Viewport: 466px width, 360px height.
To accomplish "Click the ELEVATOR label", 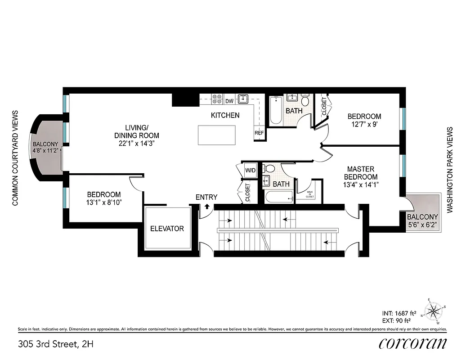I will pos(167,229).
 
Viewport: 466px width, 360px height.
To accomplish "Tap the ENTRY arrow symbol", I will pos(207,207).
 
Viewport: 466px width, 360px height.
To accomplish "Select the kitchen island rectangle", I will pos(217,135).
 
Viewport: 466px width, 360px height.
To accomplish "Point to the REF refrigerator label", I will pos(259,133).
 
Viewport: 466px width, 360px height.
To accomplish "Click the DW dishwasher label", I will pos(229,101).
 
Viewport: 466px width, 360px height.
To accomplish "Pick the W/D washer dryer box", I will pos(251,171).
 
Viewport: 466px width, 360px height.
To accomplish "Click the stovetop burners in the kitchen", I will pos(217,99).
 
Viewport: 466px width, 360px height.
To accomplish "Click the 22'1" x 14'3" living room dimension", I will pos(136,144).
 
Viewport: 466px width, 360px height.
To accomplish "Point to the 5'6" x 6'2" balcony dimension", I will pos(422,224).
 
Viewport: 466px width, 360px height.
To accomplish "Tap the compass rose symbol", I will pos(434,310).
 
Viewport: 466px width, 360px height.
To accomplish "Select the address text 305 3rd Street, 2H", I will pos(56,345).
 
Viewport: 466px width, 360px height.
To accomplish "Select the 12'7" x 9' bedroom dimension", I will pos(364,124).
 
